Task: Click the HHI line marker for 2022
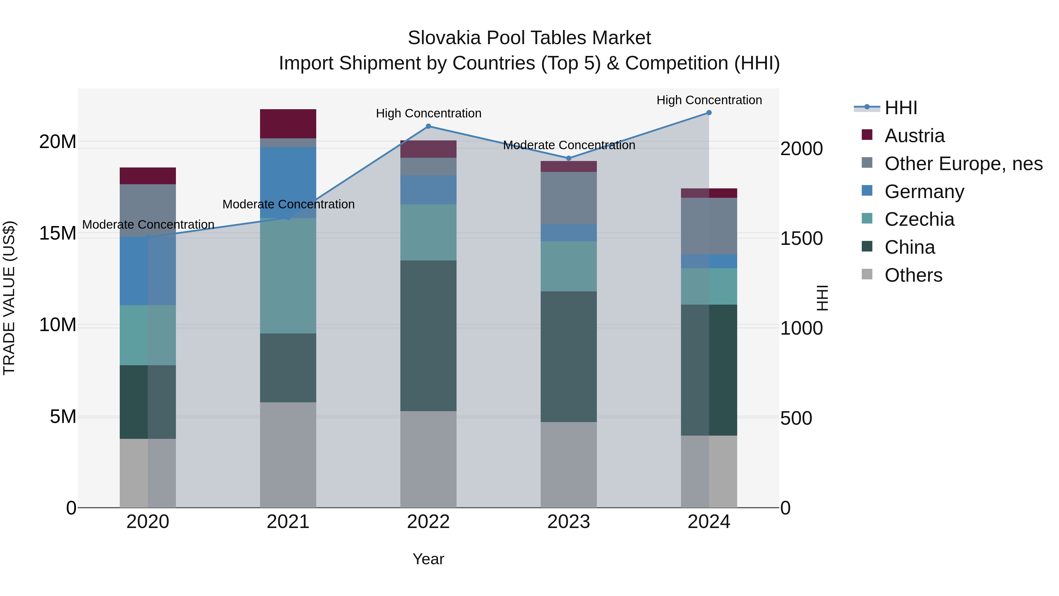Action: pyautogui.click(x=428, y=126)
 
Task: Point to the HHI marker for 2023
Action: pyautogui.click(x=569, y=158)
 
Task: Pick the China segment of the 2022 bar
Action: pyautogui.click(x=428, y=336)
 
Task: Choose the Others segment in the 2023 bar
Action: pyautogui.click(x=569, y=465)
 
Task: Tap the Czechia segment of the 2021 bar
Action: pyautogui.click(x=288, y=275)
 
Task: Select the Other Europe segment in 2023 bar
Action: pyautogui.click(x=569, y=198)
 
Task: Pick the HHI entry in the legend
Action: pyautogui.click(x=900, y=108)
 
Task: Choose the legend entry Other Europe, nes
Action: pyautogui.click(x=963, y=164)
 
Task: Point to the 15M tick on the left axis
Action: pyautogui.click(x=58, y=234)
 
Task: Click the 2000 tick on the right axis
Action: pyautogui.click(x=801, y=149)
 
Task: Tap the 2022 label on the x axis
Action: pyautogui.click(x=428, y=522)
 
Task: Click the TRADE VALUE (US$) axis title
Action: pyautogui.click(x=9, y=298)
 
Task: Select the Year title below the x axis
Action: pyautogui.click(x=428, y=559)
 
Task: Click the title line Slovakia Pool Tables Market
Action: pyautogui.click(x=529, y=38)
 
